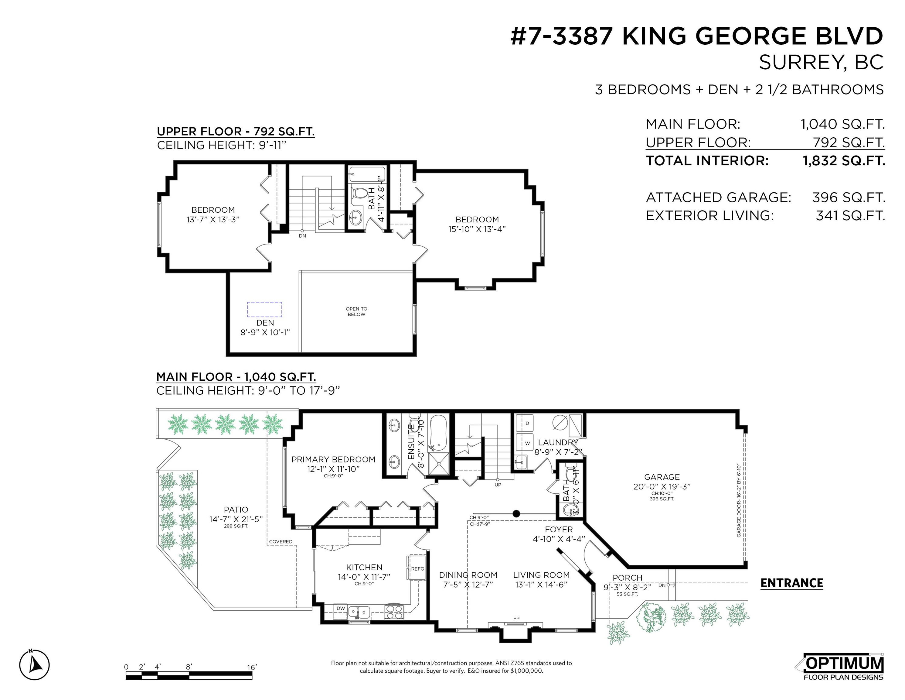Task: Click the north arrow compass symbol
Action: (34, 665)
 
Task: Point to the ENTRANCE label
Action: (791, 583)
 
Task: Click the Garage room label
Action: (662, 477)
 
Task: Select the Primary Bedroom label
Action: (333, 459)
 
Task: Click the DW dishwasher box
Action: (341, 608)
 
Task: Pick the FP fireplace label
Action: (516, 618)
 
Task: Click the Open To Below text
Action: (356, 311)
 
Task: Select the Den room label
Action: (265, 323)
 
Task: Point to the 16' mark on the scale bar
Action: (252, 667)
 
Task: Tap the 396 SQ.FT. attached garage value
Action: (849, 197)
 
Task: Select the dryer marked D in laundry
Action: (527, 424)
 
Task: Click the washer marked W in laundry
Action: (527, 443)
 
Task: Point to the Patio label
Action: (236, 510)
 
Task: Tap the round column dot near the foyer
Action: (516, 514)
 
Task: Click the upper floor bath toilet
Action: (359, 193)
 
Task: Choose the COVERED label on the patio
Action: (281, 542)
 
